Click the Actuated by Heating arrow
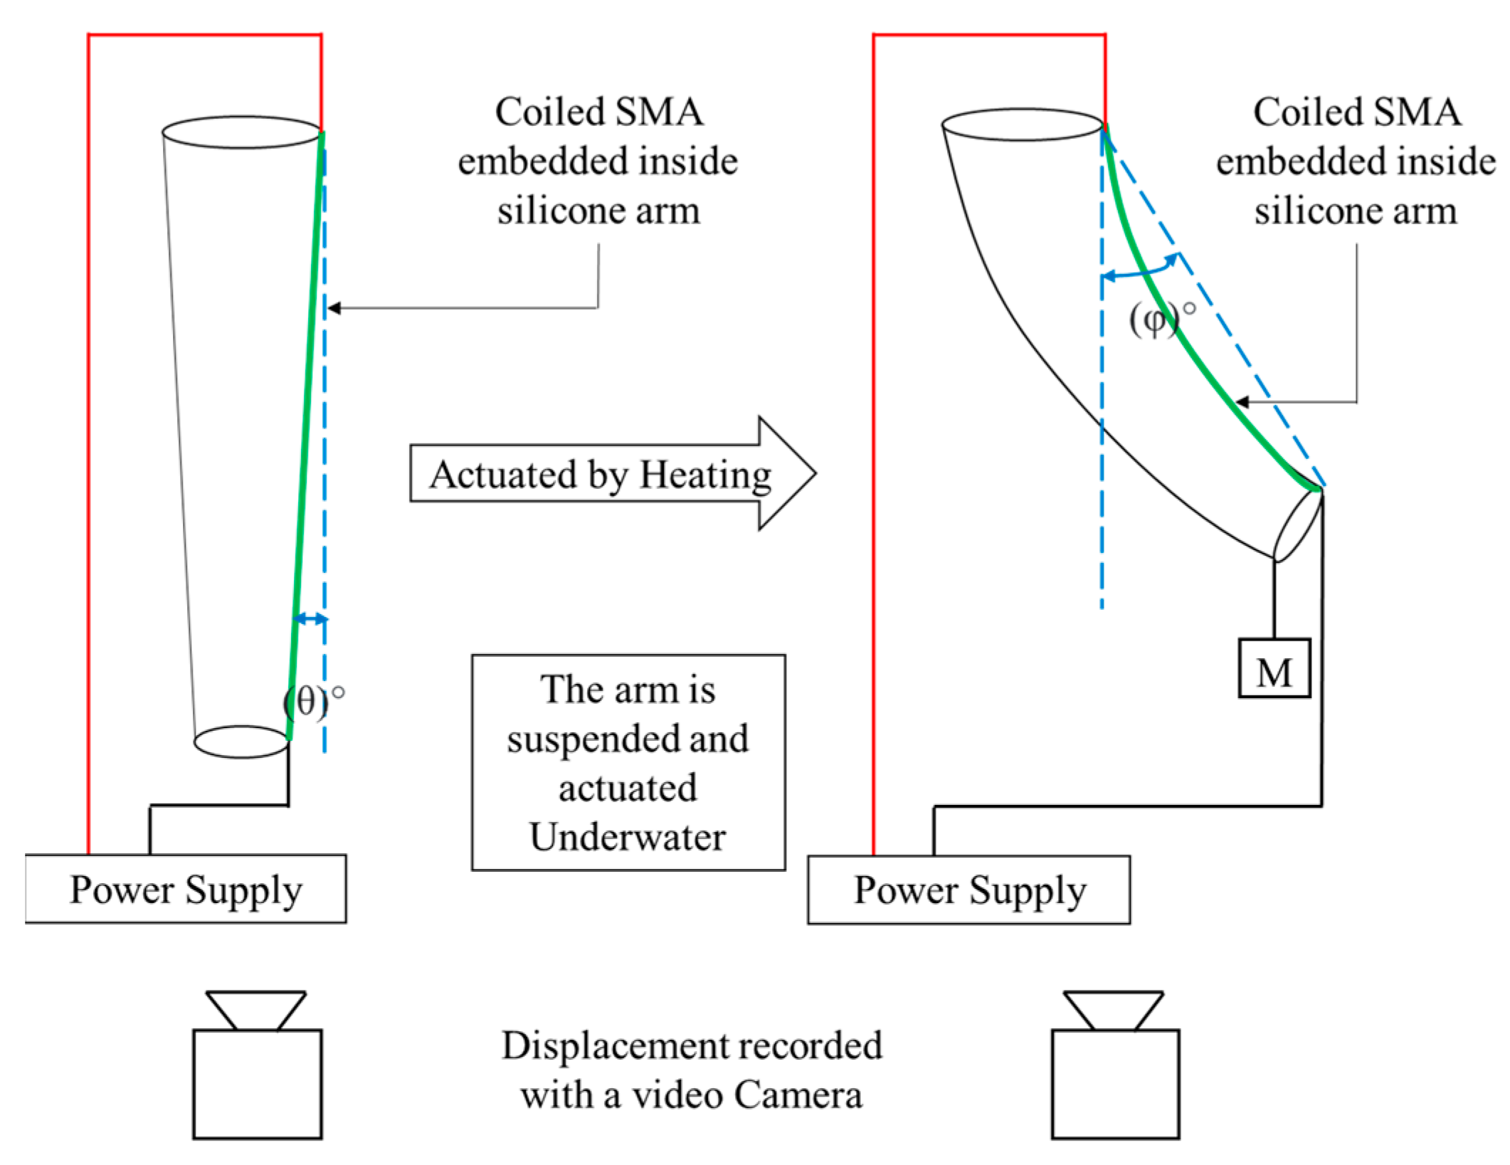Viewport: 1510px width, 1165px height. [613, 473]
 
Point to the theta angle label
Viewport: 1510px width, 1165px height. [314, 702]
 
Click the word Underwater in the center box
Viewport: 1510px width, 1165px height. [628, 836]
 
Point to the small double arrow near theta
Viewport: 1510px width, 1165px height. [311, 618]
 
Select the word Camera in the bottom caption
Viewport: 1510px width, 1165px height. [798, 1095]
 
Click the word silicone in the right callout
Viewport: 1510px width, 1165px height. [1304, 211]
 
